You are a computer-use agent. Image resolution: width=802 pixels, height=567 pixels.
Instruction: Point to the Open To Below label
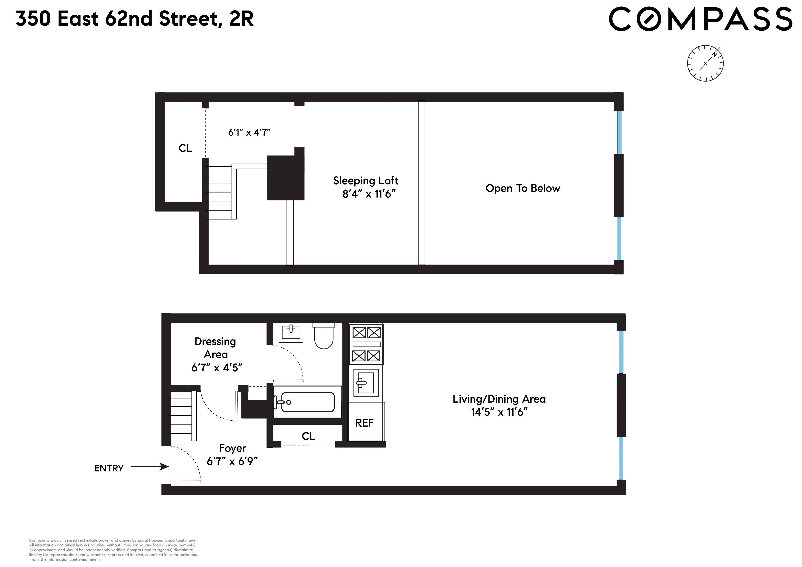523,188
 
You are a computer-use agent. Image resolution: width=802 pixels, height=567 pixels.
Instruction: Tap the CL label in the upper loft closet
185,148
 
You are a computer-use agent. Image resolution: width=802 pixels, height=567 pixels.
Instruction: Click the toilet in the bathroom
324,336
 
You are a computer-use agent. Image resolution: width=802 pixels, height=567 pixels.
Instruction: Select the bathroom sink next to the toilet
291,332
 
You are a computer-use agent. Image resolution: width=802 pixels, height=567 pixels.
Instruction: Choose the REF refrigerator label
364,423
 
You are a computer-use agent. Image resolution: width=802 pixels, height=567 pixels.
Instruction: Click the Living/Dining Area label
499,405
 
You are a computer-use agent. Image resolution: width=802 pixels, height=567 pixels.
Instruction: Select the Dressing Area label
216,354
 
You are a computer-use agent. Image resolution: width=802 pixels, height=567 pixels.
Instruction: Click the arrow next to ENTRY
150,466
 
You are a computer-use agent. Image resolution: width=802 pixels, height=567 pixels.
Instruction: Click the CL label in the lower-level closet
308,436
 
